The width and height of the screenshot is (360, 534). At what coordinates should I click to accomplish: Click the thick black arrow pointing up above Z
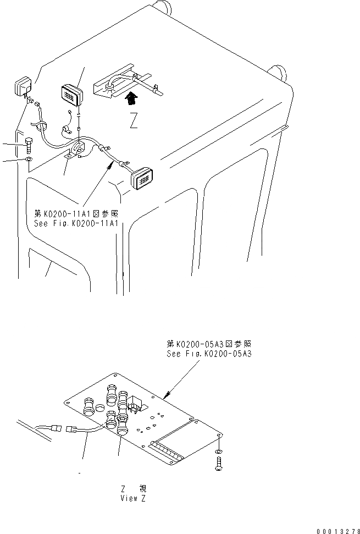[x=130, y=99]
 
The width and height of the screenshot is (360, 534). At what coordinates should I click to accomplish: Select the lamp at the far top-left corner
[x=22, y=87]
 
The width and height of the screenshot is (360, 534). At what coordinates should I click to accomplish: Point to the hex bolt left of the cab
[x=29, y=146]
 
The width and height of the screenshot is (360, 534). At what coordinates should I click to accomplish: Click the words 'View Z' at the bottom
[x=132, y=498]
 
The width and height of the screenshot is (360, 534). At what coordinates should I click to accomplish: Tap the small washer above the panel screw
[x=219, y=451]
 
